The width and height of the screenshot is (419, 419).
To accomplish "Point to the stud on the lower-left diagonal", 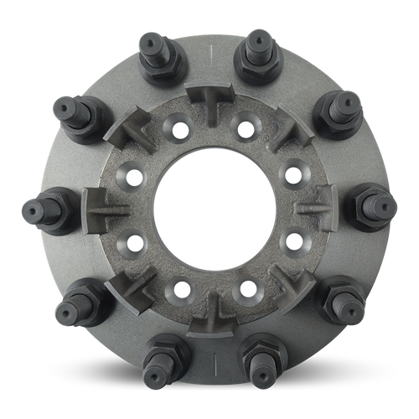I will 80,299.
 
